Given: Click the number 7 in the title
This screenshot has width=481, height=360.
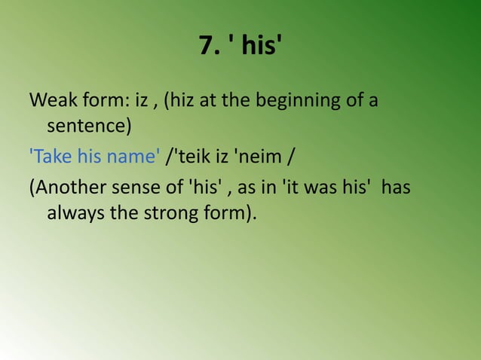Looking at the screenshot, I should click(x=206, y=47).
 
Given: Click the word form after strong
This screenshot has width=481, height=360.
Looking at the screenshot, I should click(x=225, y=214).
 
